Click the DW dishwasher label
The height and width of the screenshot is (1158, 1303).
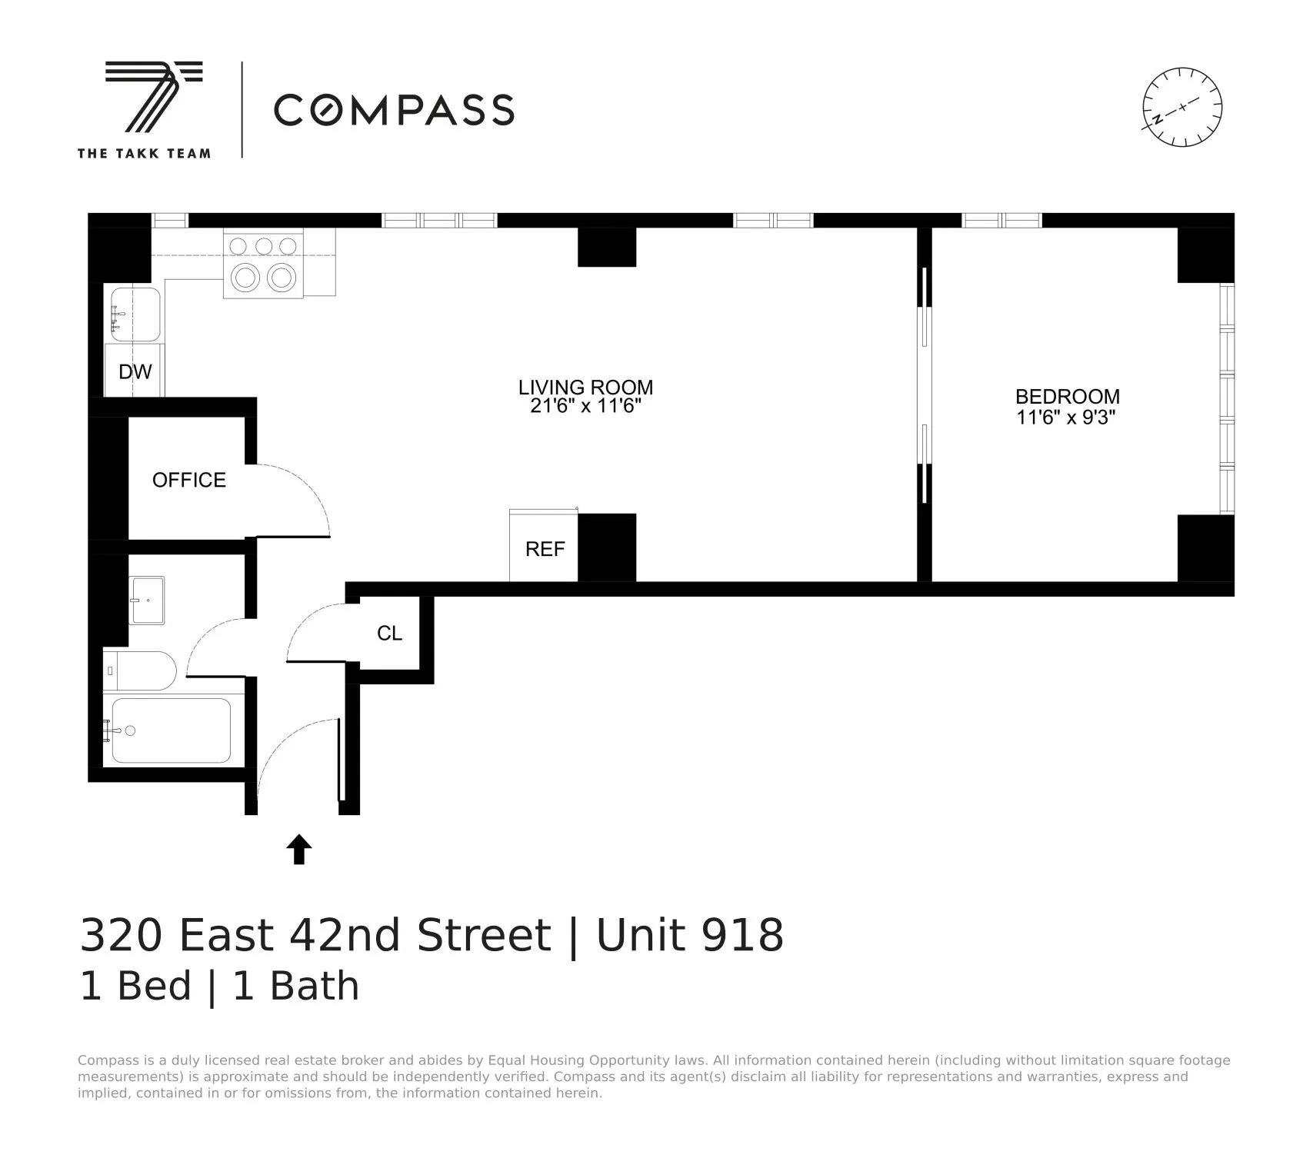[135, 372]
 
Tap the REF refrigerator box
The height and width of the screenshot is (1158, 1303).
[544, 547]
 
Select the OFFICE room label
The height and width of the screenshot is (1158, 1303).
[188, 480]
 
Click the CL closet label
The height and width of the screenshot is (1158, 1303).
[389, 633]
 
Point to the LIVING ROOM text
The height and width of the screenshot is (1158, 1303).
[585, 387]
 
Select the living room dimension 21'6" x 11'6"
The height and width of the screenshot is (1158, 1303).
[585, 406]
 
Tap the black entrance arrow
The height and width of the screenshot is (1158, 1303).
[299, 850]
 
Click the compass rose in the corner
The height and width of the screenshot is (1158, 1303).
[1181, 107]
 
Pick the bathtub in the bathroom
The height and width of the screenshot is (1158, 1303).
[171, 730]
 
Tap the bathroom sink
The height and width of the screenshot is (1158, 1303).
[146, 601]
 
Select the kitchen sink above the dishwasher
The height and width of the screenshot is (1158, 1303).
[135, 314]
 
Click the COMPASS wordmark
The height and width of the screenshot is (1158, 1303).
[394, 110]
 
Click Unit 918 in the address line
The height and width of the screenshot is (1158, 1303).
[689, 935]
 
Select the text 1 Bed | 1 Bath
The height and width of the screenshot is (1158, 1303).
[219, 986]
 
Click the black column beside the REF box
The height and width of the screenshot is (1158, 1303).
[607, 547]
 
